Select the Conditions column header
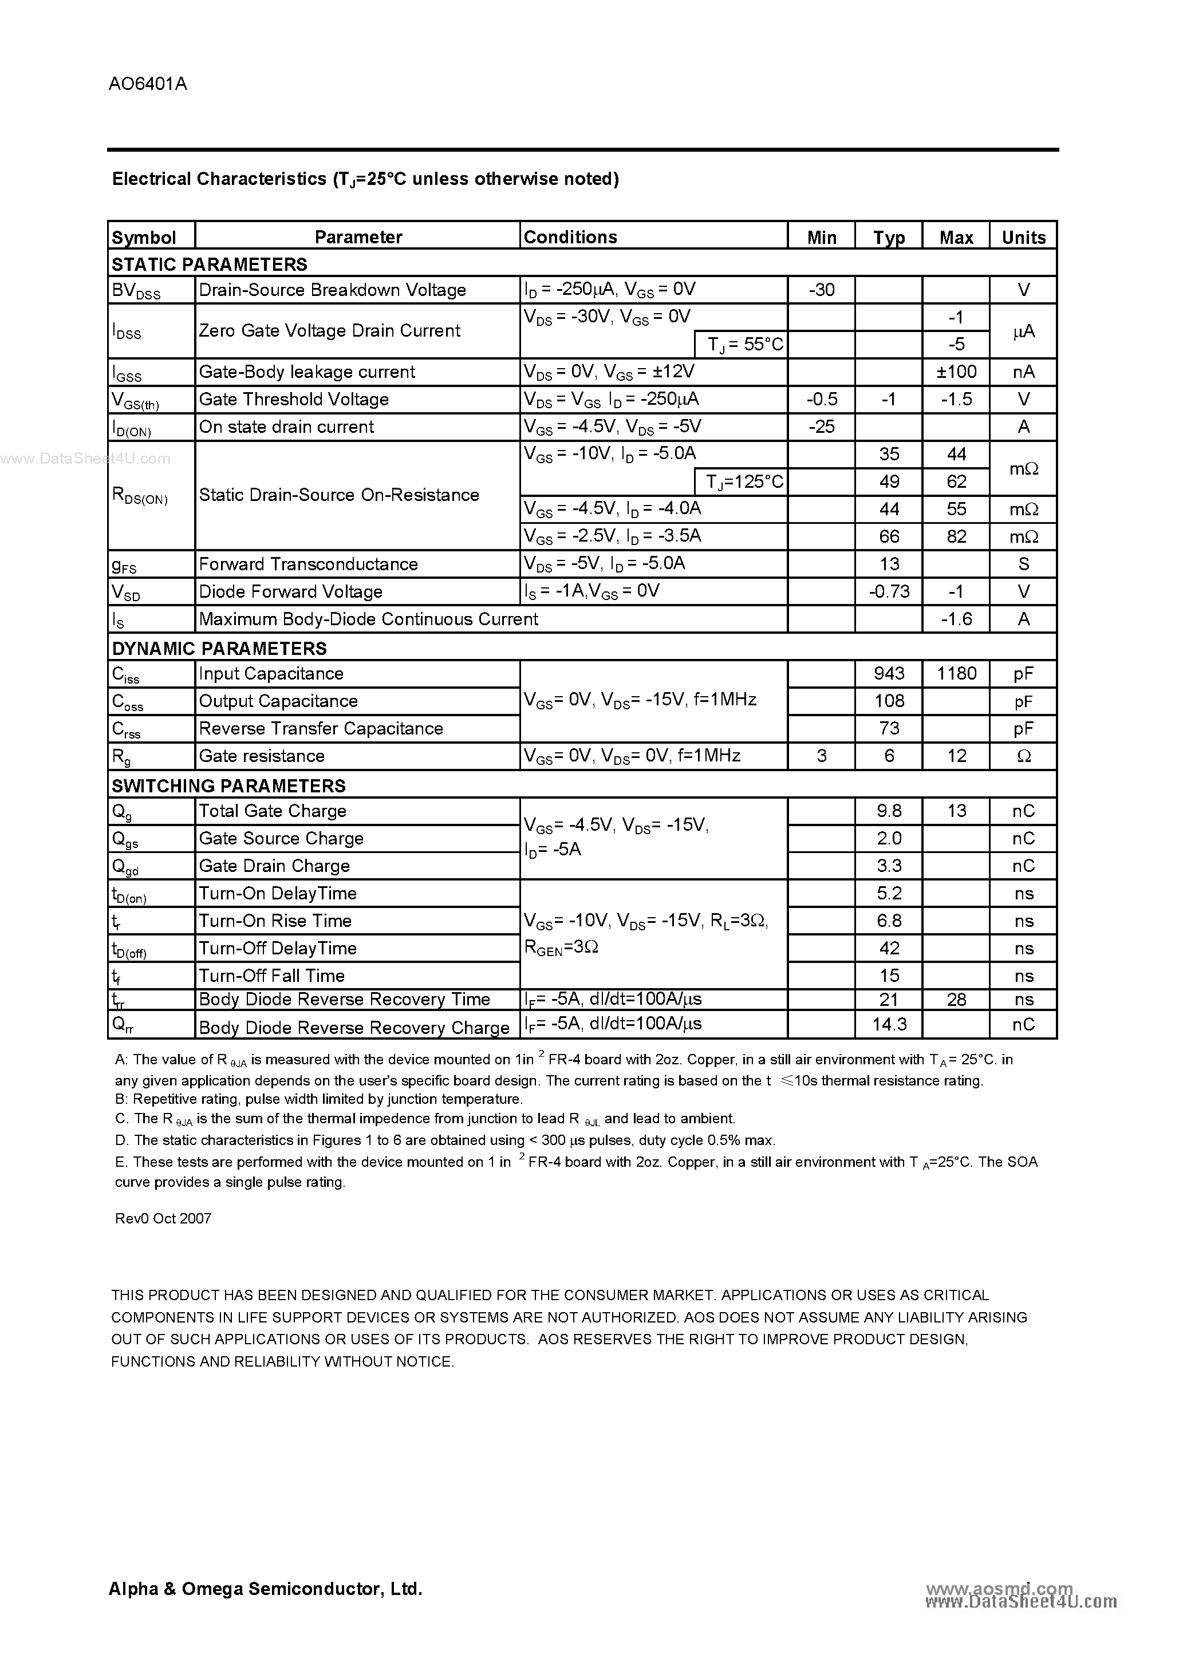coord(570,237)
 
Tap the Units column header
coord(1023,237)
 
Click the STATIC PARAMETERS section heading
coord(210,264)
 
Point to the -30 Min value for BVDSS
coord(821,290)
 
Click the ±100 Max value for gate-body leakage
coord(956,372)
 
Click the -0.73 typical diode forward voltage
coord(888,591)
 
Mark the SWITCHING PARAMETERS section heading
coord(228,786)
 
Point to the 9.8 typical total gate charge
coord(888,811)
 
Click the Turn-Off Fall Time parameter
coord(271,976)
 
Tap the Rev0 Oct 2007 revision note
coord(163,1218)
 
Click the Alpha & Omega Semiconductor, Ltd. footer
coord(266,1589)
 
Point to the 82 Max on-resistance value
coord(956,536)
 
